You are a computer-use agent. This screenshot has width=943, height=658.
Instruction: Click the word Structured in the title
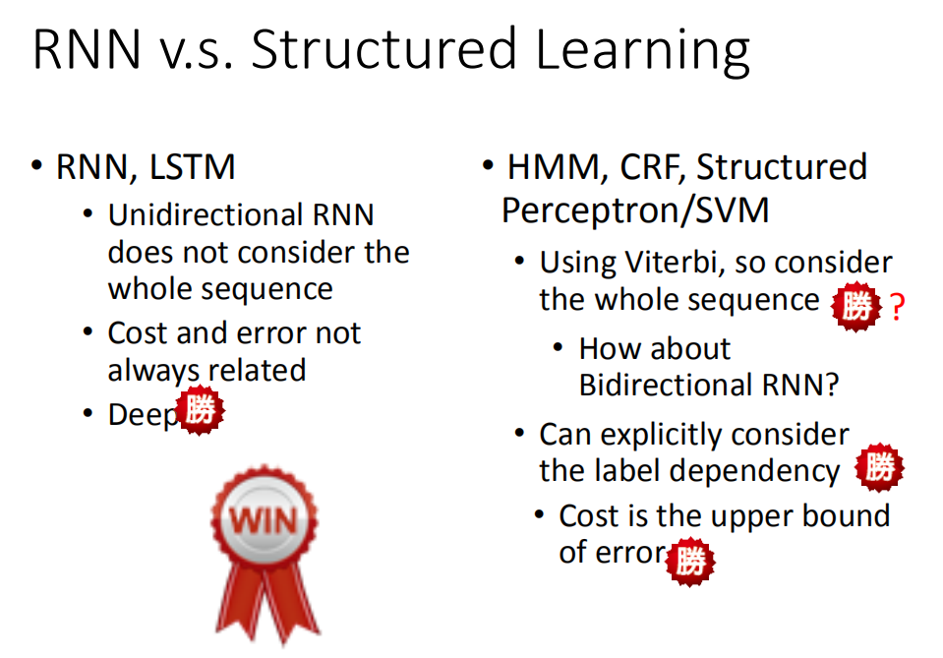[383, 49]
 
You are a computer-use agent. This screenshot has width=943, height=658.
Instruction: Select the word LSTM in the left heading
[193, 167]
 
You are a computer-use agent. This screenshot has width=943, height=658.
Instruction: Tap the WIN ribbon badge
[265, 555]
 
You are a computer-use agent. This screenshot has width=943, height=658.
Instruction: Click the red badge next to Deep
[201, 410]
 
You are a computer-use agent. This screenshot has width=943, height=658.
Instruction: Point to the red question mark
[897, 307]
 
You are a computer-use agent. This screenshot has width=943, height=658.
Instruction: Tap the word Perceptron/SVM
[635, 211]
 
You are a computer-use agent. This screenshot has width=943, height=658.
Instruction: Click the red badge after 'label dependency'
[880, 467]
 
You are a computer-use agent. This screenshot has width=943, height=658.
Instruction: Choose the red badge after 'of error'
[690, 561]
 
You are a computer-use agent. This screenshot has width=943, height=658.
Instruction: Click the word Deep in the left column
[144, 415]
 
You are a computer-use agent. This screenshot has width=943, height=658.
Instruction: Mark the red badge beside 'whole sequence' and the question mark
[856, 306]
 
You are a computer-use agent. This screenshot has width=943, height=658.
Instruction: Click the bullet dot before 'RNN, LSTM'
[37, 165]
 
